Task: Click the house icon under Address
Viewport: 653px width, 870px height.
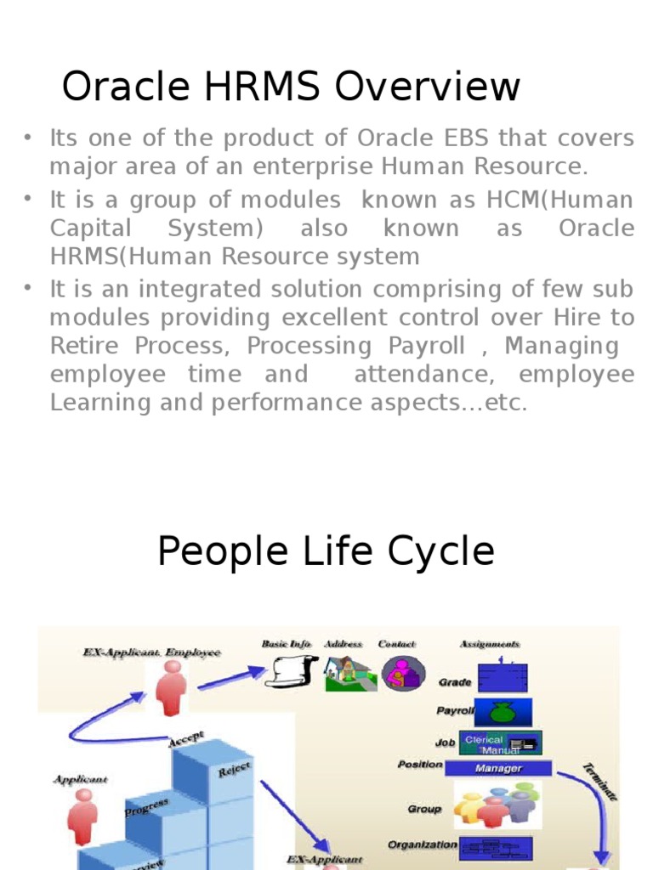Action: (x=349, y=673)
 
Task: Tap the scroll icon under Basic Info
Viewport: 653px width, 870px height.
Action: (x=291, y=671)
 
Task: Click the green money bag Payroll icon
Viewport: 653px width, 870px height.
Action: (x=502, y=711)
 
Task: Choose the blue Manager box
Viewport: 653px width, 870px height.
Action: (x=497, y=768)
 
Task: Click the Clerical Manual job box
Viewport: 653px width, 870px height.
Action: (x=500, y=743)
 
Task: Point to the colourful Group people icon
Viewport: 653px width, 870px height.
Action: (x=497, y=805)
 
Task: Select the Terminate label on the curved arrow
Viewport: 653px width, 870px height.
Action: (x=599, y=782)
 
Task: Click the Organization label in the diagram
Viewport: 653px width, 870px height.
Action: (x=422, y=845)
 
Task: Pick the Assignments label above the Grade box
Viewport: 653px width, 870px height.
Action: (x=490, y=644)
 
